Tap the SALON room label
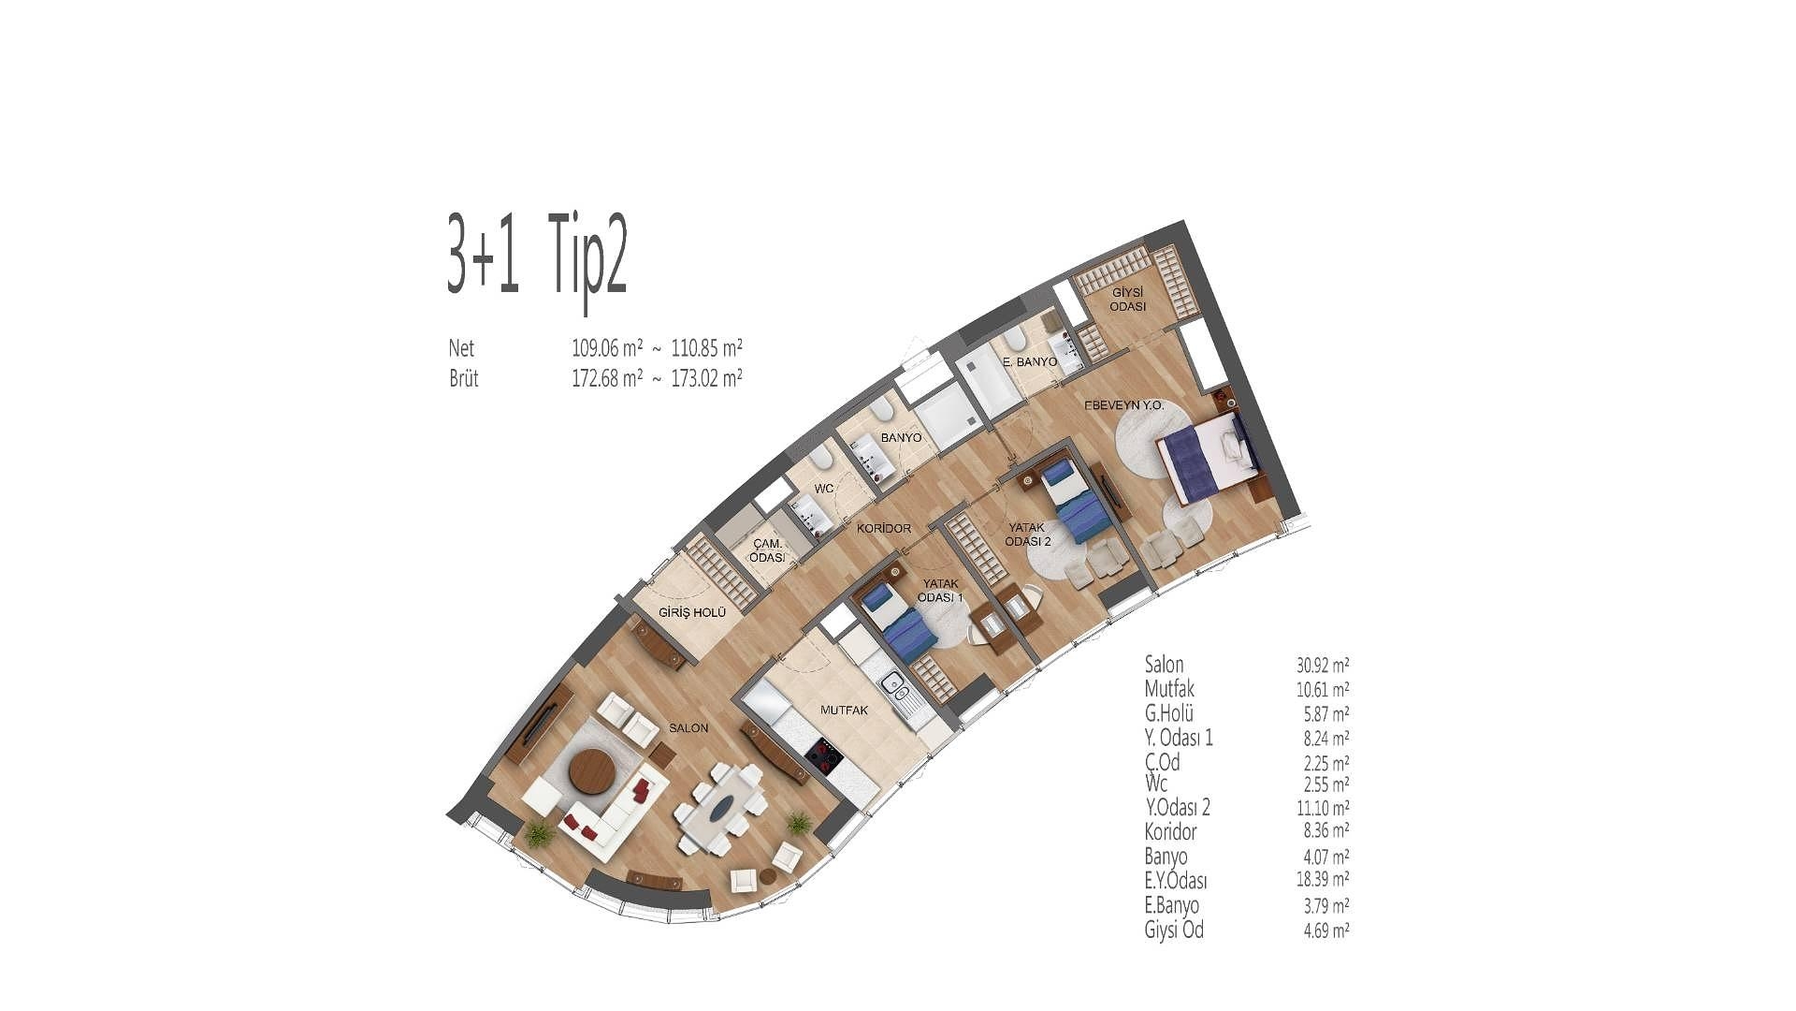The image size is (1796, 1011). [688, 727]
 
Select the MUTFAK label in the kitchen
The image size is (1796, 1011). [844, 710]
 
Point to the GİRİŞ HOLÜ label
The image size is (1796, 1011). [692, 613]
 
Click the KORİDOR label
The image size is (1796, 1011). [884, 528]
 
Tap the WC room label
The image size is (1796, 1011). [823, 489]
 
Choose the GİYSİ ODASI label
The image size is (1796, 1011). [1127, 300]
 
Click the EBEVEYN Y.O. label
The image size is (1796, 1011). [1123, 405]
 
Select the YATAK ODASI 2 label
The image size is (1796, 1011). [1028, 534]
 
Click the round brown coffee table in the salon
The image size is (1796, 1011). [592, 770]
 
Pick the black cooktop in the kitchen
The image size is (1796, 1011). [822, 755]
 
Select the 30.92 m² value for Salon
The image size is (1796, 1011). [1323, 666]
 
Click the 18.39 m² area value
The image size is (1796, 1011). [1323, 880]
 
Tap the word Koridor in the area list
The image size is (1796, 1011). [1170, 831]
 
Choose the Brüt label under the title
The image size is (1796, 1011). [464, 378]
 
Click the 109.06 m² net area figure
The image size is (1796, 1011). [607, 348]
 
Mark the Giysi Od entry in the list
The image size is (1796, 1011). [1174, 930]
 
